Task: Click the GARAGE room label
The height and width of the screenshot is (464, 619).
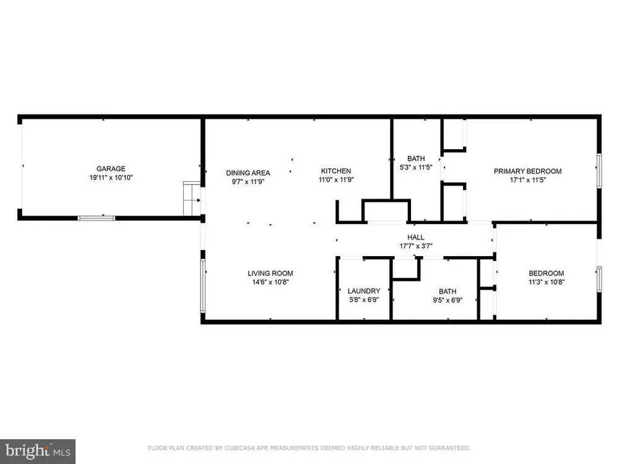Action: point(111,168)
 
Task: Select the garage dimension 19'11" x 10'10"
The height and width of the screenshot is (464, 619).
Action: point(111,178)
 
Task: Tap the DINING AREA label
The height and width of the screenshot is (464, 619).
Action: point(248,173)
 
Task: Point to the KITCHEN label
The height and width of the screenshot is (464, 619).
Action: point(336,171)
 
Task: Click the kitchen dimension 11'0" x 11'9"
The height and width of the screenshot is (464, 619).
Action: point(336,179)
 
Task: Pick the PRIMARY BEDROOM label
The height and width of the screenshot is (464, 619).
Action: point(528,171)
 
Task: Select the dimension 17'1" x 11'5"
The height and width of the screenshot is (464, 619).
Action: point(528,180)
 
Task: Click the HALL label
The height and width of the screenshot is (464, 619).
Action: point(416,237)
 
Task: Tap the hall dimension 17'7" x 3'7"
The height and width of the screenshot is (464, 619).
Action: point(416,246)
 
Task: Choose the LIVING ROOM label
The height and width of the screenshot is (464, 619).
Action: point(271,273)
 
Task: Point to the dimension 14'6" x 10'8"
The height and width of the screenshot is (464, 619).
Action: point(271,282)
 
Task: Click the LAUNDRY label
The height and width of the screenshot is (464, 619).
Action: point(364,291)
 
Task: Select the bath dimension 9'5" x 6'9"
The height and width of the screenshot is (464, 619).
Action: point(448,300)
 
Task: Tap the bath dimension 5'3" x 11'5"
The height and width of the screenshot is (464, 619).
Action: point(416,167)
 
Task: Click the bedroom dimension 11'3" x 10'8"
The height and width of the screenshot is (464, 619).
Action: point(547,282)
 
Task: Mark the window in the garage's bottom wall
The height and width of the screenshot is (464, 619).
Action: point(97,218)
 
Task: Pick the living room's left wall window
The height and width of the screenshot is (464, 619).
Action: point(203,286)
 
